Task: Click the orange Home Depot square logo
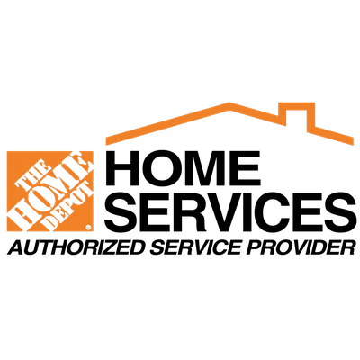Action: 50,191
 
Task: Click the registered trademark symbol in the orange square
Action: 88,228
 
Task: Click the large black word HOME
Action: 183,168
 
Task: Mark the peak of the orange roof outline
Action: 229,104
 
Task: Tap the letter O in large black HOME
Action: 159,168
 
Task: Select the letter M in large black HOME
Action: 206,168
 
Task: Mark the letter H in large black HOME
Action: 121,168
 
